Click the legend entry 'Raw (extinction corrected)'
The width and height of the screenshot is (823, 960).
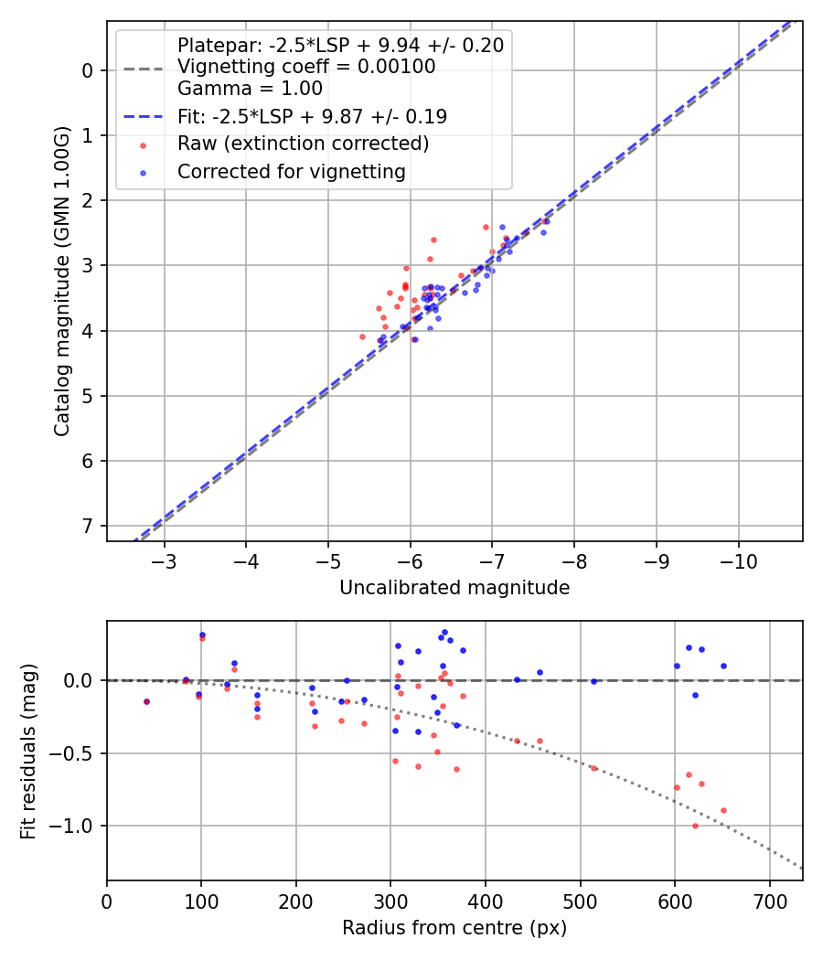[x=303, y=144]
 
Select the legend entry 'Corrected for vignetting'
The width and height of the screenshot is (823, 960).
[x=291, y=171]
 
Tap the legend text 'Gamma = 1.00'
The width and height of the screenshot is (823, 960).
[x=250, y=90]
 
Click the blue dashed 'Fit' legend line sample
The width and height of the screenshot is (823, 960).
[x=143, y=117]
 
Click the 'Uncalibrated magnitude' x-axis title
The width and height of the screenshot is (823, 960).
[x=454, y=588]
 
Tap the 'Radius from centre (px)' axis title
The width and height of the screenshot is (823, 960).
[x=454, y=928]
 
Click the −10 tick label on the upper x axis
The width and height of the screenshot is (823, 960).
[x=738, y=560]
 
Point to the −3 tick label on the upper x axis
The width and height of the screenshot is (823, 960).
[x=165, y=560]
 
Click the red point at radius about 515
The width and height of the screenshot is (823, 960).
[x=593, y=768]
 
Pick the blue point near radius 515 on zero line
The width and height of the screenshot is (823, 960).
[x=593, y=681]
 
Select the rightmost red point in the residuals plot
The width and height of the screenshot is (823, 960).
[x=723, y=810]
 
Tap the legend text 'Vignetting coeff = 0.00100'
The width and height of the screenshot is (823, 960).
[x=306, y=67]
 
